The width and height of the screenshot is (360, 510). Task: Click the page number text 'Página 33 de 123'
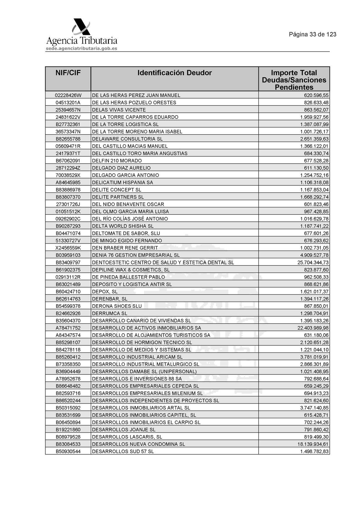tap(312, 34)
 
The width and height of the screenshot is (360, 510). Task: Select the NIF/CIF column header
tap(68, 73)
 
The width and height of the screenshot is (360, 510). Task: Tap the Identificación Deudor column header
tap(174, 73)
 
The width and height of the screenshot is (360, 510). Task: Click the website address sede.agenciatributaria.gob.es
tap(82, 49)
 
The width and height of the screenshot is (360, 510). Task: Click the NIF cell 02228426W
tap(68, 95)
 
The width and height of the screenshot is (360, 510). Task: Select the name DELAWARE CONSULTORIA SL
tap(127, 139)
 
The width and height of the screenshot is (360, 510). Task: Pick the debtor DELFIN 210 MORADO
tap(117, 161)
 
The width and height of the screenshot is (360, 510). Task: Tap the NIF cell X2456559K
tap(68, 248)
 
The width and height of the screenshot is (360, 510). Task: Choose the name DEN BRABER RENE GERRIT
tap(125, 248)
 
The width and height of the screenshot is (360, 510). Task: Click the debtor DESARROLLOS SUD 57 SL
tap(123, 452)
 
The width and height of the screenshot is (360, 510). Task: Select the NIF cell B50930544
tap(68, 452)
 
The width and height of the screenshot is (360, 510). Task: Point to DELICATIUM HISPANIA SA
tap(122, 182)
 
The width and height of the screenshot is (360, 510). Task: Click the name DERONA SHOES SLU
tap(117, 306)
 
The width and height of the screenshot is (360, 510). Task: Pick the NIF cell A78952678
tap(68, 379)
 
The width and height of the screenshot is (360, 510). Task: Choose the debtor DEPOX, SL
tap(105, 291)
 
